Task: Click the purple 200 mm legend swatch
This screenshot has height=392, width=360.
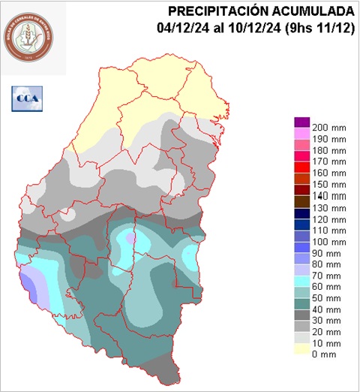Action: [x=301, y=122]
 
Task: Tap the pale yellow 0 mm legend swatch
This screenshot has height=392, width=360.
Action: [x=301, y=353]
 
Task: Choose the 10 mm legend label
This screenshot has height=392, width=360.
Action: [x=326, y=342]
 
